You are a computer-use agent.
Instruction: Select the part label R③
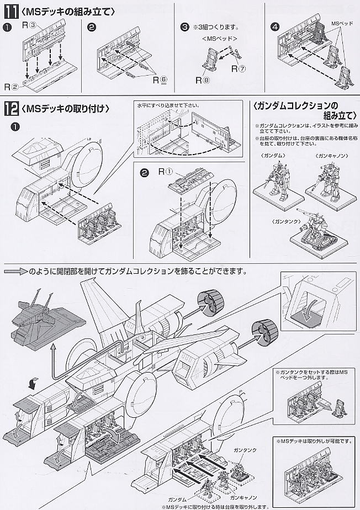pyautogui.click(x=29, y=24)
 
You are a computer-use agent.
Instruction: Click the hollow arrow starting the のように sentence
pyautogui.click(x=17, y=271)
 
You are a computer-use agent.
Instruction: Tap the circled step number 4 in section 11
pyautogui.click(x=274, y=26)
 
